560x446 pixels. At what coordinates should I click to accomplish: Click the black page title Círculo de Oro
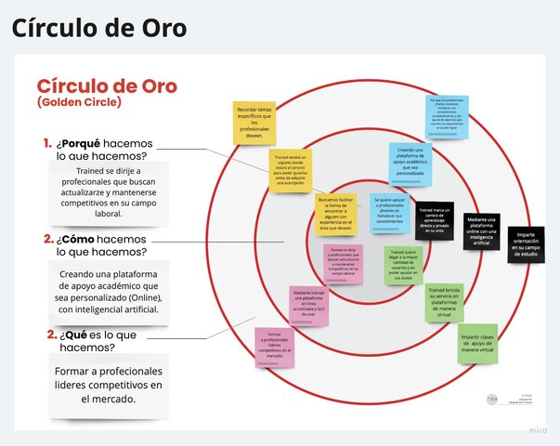(99, 28)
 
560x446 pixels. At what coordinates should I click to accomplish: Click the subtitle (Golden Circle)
(78, 102)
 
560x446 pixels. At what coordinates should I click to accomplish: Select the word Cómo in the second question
(80, 239)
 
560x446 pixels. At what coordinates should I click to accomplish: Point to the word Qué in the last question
(73, 334)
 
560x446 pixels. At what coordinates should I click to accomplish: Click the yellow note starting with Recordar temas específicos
(254, 122)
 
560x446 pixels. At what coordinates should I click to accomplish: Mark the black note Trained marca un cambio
(434, 220)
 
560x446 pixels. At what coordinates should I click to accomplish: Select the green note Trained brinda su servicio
(443, 303)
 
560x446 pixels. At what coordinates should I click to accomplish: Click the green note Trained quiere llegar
(404, 266)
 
